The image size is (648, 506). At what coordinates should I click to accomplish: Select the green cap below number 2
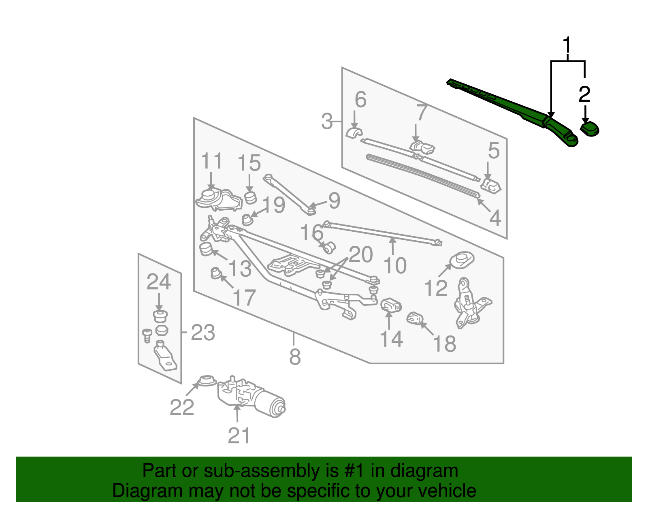point(590,129)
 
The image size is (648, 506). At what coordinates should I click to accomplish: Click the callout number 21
point(239,436)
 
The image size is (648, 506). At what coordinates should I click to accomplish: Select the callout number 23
point(202,333)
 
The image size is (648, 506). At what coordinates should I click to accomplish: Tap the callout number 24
point(158,282)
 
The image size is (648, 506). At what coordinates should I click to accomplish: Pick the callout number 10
point(395,266)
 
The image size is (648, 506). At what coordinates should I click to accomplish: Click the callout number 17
point(244,298)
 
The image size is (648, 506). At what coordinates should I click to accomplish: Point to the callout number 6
point(360,100)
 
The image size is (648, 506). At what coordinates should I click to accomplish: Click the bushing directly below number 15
point(251,198)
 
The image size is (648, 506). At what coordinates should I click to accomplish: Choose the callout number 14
point(391,339)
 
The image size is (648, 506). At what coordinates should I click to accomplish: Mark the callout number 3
point(327,122)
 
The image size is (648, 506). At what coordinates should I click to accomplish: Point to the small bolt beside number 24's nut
point(147,335)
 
